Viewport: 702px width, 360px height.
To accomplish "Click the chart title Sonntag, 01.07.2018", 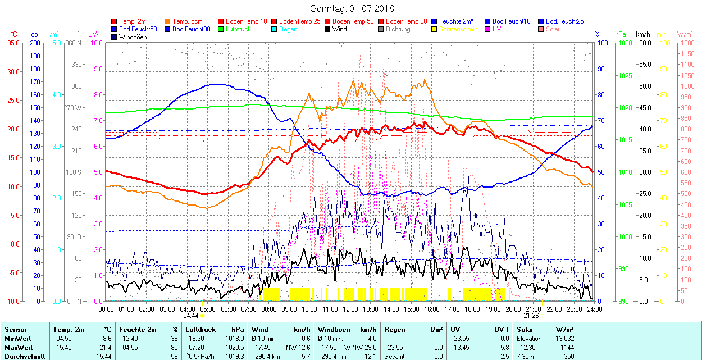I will click(x=352, y=8).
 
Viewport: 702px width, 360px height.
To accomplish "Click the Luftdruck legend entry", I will click(x=238, y=29).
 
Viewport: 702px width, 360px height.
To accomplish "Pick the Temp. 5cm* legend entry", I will click(x=189, y=21).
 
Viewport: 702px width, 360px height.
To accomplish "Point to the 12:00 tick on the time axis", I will click(x=350, y=309).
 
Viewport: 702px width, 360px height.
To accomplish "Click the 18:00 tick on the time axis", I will click(x=472, y=309).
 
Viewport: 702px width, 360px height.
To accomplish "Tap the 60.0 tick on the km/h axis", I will click(x=645, y=43).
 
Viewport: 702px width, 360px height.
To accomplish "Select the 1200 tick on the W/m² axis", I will click(x=687, y=43).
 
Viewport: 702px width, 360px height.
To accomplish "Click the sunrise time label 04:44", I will click(x=190, y=316).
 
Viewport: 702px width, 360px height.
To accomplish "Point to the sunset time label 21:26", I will click(x=531, y=316).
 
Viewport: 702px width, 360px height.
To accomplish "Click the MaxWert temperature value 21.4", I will click(x=105, y=348).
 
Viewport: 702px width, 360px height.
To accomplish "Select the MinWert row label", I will click(x=17, y=339).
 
